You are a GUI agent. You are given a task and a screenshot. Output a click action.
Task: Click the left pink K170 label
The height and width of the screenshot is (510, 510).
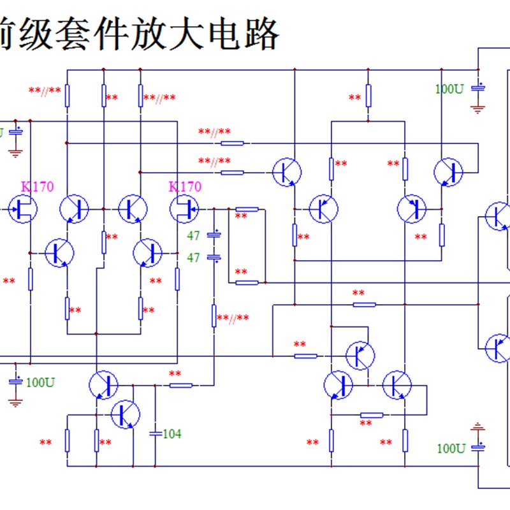[38, 187]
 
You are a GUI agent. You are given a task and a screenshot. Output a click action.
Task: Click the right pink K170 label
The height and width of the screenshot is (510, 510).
[185, 187]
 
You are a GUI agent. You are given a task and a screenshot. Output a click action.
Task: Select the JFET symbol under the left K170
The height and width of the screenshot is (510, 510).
[24, 209]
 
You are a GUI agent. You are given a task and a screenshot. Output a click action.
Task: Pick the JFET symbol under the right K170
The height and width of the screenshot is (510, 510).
[184, 209]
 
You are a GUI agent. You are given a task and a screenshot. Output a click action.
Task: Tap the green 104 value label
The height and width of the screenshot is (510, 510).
[171, 434]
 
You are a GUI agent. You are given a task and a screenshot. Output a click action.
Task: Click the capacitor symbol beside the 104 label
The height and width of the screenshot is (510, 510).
[155, 433]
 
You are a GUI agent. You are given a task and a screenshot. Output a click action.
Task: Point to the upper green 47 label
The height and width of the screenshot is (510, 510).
[194, 236]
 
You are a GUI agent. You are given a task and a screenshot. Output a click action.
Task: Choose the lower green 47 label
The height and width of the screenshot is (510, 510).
[194, 258]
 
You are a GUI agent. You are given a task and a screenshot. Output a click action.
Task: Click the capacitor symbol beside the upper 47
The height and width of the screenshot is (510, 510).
[215, 235]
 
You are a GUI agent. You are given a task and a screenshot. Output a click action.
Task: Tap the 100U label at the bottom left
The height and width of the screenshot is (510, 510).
[40, 382]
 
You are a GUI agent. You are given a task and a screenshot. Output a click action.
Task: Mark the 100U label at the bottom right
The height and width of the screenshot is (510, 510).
[450, 448]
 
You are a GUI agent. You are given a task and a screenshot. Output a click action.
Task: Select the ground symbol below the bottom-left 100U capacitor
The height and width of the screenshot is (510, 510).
[15, 401]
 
